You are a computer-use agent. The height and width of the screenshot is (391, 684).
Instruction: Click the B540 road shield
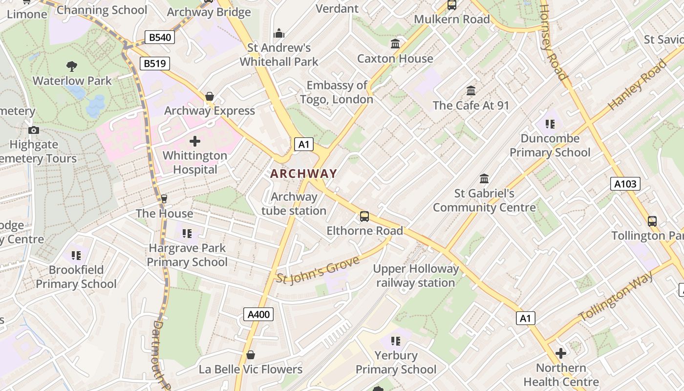point(160,37)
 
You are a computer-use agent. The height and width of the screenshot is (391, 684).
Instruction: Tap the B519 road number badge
point(154,63)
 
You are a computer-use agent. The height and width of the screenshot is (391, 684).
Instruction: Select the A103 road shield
point(625,184)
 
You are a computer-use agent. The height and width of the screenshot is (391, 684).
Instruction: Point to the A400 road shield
point(258,314)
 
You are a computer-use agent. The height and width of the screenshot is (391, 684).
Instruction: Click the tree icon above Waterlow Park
point(72,66)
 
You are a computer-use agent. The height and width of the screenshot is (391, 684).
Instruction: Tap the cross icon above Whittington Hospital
point(195,142)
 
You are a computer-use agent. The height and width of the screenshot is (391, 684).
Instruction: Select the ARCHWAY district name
point(303,174)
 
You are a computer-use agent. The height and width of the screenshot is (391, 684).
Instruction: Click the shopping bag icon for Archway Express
point(210,96)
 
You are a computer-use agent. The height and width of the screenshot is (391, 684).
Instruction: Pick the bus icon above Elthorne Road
point(364,217)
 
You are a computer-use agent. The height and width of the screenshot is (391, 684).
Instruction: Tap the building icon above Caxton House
point(395,44)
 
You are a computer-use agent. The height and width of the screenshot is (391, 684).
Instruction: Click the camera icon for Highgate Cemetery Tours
point(34,130)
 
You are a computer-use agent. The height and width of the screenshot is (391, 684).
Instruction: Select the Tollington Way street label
point(616,297)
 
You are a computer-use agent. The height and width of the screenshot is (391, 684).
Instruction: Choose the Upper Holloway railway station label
point(416,276)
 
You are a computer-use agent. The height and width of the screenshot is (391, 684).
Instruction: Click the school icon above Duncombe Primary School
point(550,124)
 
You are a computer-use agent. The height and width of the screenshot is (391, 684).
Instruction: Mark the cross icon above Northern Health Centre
point(561,353)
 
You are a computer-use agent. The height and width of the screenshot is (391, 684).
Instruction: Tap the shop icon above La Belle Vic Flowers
point(251,354)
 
